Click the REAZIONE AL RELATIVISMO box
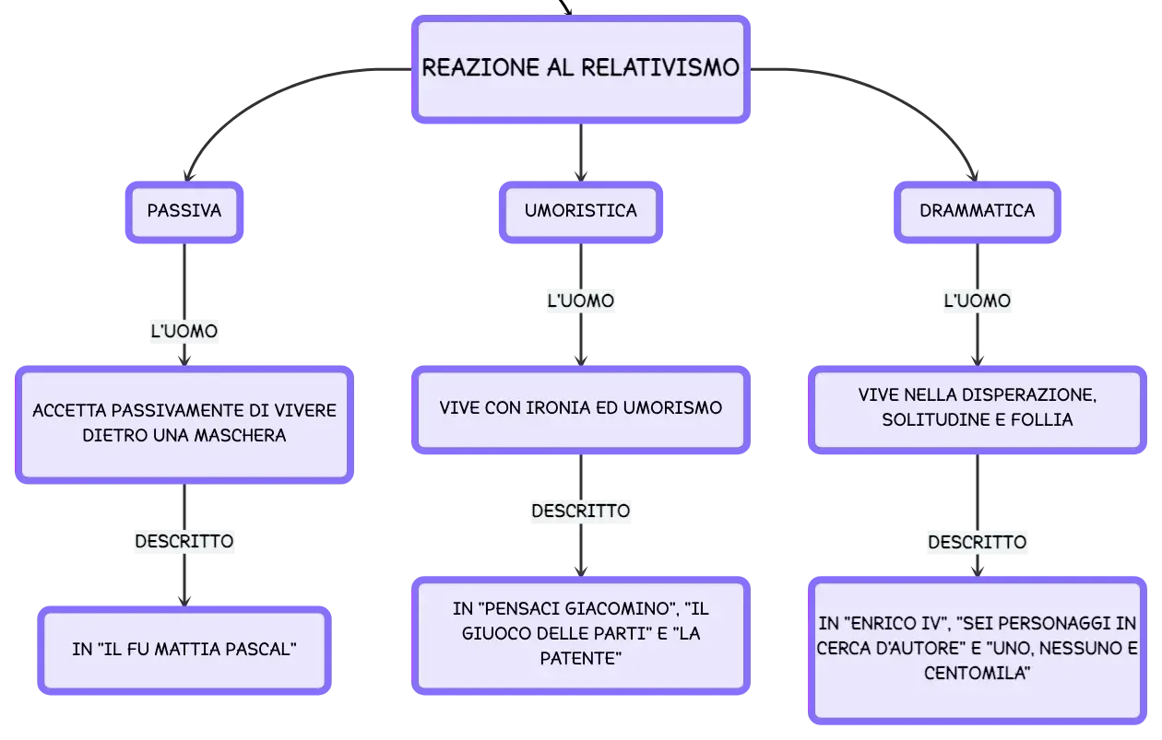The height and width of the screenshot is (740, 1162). click(580, 69)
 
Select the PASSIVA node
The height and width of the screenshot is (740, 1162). click(184, 211)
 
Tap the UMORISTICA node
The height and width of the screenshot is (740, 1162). click(580, 211)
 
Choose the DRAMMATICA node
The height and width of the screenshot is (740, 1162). click(977, 211)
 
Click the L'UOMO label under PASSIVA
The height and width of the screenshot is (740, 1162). click(184, 331)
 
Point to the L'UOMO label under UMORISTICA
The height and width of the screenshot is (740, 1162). click(580, 300)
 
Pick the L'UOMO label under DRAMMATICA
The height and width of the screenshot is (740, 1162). click(977, 300)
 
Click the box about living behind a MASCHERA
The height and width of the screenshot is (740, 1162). click(184, 425)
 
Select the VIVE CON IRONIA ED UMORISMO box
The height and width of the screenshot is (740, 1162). click(580, 409)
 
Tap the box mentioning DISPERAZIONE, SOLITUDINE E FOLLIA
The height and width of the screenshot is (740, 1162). click(977, 409)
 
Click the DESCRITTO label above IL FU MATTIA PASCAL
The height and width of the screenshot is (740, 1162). click(184, 542)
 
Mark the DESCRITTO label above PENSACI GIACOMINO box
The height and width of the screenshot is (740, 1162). click(580, 511)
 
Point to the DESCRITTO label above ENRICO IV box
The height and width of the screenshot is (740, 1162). click(977, 542)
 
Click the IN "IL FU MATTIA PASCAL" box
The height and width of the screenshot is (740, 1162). click(184, 650)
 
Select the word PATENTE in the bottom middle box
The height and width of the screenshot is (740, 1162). click(580, 658)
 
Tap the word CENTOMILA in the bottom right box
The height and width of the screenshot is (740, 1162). click(977, 673)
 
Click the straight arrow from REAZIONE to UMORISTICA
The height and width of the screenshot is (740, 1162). click(580, 152)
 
